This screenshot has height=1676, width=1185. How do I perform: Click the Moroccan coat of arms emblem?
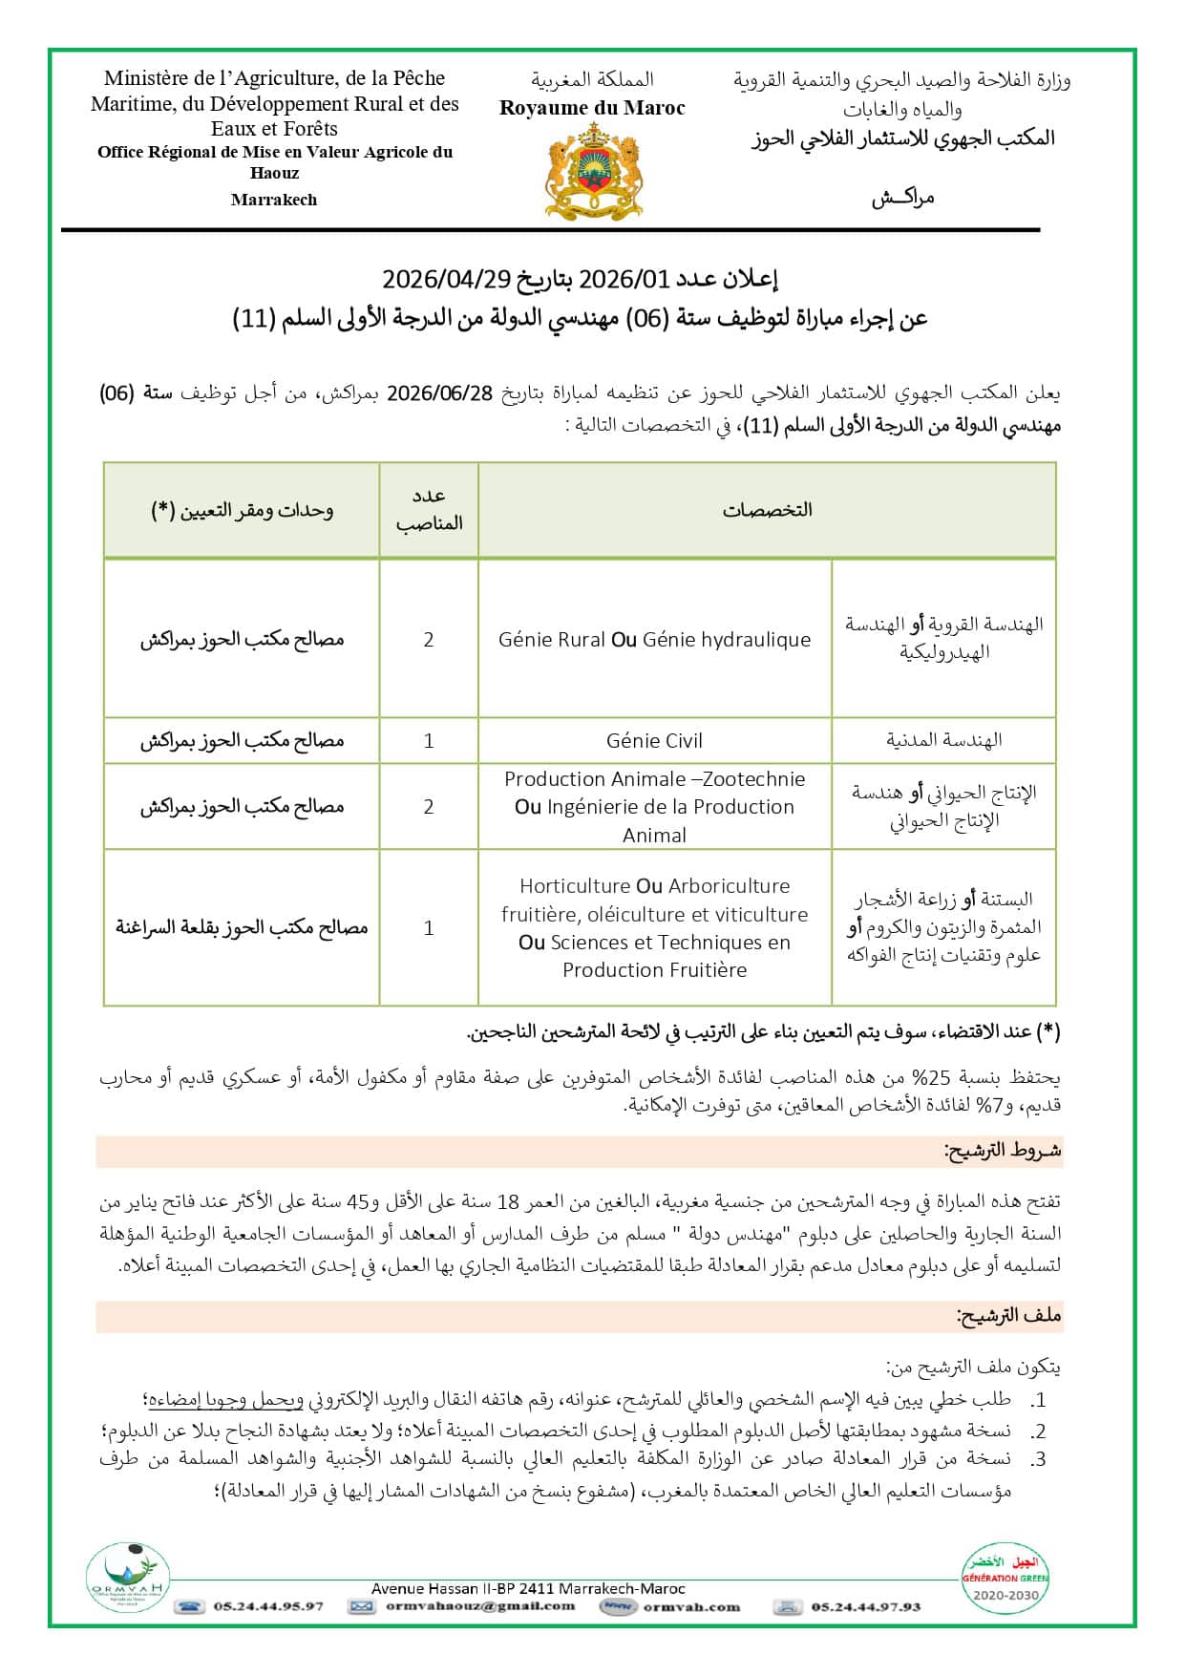[x=592, y=174]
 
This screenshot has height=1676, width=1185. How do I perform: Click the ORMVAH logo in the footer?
[x=128, y=1579]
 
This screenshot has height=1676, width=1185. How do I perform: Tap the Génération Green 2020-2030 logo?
[x=1004, y=1577]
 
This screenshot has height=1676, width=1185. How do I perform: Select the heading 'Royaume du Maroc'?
[x=592, y=109]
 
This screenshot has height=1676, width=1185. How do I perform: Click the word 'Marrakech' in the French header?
[x=274, y=200]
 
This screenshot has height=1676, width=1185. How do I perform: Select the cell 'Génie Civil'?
[x=654, y=741]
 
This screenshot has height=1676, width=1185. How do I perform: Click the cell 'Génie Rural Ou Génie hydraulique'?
[x=654, y=640]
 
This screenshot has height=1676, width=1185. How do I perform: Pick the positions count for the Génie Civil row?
[x=429, y=741]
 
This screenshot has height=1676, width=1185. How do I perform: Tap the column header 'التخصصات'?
[x=767, y=510]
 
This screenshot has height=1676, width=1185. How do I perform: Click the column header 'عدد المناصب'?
[x=429, y=509]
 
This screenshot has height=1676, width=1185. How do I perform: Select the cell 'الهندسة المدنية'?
[x=943, y=740]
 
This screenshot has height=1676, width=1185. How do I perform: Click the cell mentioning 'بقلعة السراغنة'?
[x=242, y=927]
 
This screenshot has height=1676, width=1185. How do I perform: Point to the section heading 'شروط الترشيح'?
[x=1003, y=1151]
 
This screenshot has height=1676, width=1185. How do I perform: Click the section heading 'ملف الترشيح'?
[x=1008, y=1316]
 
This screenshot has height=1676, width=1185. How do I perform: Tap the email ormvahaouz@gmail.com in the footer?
[x=480, y=1606]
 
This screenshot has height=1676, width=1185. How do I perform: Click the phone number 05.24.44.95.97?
[x=268, y=1606]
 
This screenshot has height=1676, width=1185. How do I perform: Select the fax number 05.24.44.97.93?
[x=866, y=1606]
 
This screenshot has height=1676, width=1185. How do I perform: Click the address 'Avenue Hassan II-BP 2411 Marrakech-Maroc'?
[x=528, y=1589]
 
